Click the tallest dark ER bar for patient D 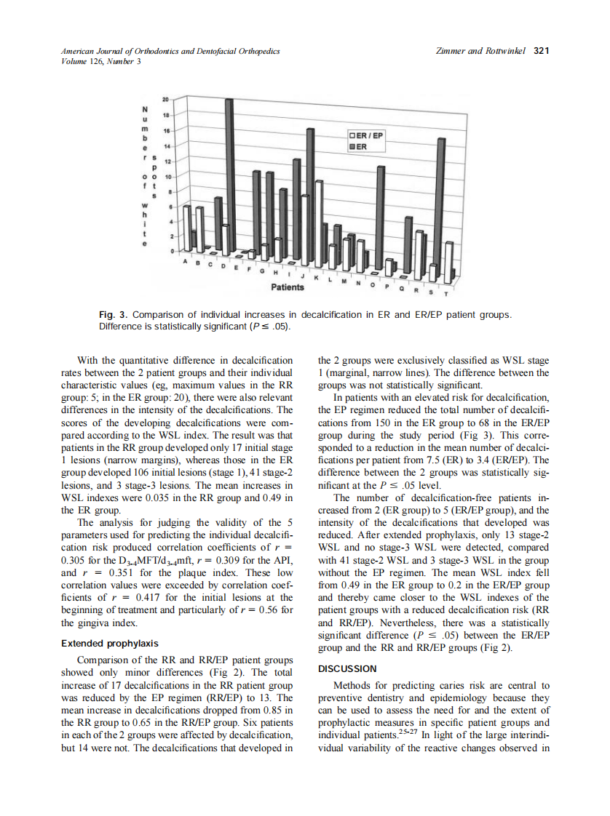(229, 175)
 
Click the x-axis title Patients (288, 288)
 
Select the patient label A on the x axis (186, 260)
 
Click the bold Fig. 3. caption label (114, 315)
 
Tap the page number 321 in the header (541, 51)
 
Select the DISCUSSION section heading (347, 668)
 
